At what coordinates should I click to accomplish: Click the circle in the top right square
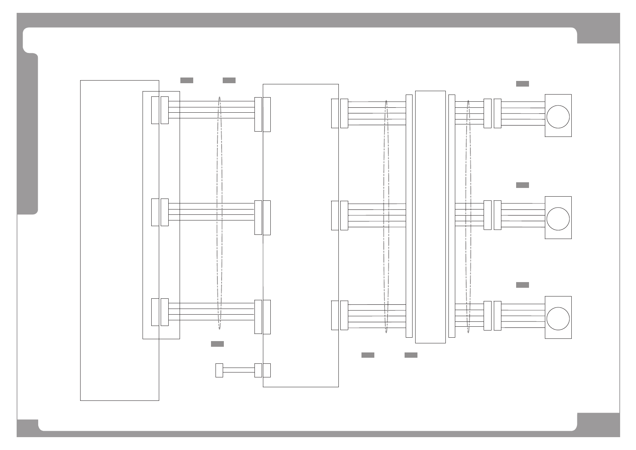coord(558,117)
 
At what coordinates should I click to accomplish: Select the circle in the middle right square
coord(558,219)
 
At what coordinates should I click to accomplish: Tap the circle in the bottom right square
coord(558,318)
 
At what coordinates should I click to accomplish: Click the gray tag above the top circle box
coord(522,84)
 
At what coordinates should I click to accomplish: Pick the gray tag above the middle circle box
coord(522,185)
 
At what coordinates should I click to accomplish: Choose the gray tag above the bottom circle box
coord(522,285)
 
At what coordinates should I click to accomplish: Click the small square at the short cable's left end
coord(219,370)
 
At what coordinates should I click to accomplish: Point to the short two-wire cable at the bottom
coord(239,370)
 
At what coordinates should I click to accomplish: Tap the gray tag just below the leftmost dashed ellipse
coord(217,344)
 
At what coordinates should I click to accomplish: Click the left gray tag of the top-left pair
coord(186,81)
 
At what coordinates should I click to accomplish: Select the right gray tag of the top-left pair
coord(229,81)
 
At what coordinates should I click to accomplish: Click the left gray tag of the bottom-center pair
coord(368,355)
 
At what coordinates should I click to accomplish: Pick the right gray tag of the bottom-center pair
coord(411,355)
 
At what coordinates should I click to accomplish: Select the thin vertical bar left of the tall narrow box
coord(409,216)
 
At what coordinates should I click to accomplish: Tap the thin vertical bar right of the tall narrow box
coord(451,216)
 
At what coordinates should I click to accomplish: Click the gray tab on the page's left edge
coord(28,134)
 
